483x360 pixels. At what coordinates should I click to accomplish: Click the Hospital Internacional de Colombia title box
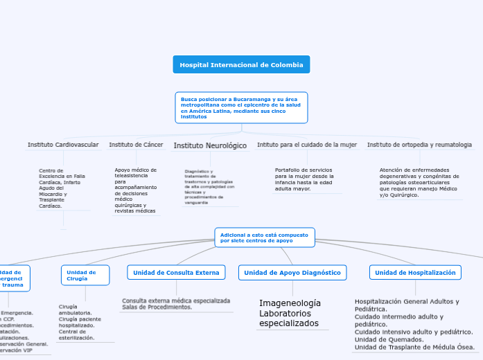pos(241,64)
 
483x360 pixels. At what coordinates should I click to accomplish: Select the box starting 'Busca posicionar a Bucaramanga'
pos(241,107)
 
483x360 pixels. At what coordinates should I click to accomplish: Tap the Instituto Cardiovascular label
pos(63,145)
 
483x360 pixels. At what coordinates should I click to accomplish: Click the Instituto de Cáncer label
pos(136,145)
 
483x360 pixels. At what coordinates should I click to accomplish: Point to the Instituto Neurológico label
pos(210,145)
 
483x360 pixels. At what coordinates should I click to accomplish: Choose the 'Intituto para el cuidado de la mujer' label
pos(307,145)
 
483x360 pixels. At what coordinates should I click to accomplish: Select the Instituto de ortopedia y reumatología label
pos(419,145)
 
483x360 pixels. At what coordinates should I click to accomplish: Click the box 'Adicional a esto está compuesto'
pos(265,237)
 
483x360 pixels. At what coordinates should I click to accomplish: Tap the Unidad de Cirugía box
pos(85,276)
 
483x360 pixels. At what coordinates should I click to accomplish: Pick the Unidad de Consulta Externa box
pos(176,273)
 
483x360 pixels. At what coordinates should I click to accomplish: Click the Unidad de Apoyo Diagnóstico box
pos(292,273)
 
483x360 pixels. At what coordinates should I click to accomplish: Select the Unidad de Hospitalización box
pos(415,273)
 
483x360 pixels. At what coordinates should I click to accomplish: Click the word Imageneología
pos(290,303)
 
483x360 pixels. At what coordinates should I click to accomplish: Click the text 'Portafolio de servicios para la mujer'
pos(305,179)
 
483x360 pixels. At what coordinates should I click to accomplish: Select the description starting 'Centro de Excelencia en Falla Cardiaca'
pos(62,188)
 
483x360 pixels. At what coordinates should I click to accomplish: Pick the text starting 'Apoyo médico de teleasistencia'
pos(136,190)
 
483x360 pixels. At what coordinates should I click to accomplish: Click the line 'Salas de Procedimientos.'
pos(157,307)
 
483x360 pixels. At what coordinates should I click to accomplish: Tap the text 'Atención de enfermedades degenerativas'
pos(419,182)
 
